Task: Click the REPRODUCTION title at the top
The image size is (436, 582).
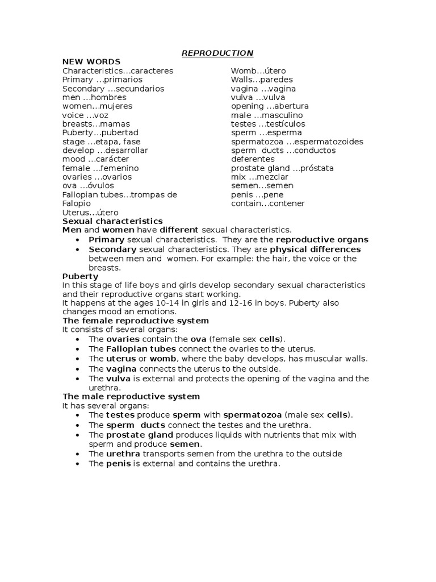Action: (x=217, y=53)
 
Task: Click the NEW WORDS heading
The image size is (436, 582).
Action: (x=91, y=62)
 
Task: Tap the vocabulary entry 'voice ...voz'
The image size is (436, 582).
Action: (x=85, y=115)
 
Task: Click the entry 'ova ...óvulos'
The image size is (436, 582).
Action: (x=88, y=185)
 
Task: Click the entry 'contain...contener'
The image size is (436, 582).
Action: (x=267, y=203)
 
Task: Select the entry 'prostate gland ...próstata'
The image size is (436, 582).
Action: (x=282, y=168)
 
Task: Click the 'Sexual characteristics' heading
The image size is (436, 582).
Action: (x=112, y=221)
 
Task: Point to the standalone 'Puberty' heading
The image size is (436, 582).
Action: (x=80, y=276)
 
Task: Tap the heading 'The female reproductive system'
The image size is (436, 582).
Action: (x=136, y=321)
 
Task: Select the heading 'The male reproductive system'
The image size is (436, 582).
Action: (x=131, y=396)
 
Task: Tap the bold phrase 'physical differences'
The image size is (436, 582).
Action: (x=315, y=250)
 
